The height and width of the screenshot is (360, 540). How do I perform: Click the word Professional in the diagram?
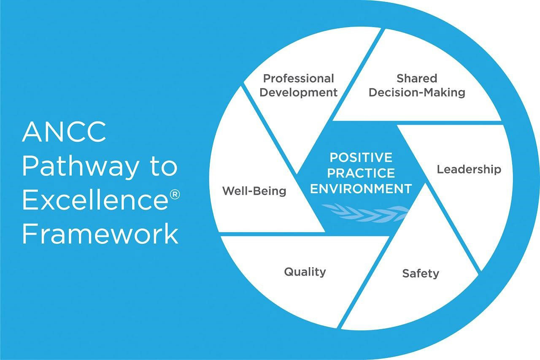(298, 78)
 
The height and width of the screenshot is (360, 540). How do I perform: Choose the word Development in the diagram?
(298, 92)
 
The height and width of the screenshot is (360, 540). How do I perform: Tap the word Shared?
(416, 78)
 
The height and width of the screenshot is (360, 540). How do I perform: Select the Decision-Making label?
(417, 92)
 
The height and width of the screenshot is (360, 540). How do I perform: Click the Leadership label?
(469, 170)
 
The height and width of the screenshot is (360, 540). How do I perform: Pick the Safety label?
(420, 273)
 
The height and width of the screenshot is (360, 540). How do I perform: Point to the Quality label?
(305, 272)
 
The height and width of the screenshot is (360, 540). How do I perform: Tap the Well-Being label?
(254, 191)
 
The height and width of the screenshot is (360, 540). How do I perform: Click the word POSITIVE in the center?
(361, 157)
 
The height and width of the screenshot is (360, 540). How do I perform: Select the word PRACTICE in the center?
(361, 173)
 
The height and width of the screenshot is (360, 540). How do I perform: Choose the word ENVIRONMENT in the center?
(361, 189)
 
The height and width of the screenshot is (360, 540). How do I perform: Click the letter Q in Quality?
(289, 272)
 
